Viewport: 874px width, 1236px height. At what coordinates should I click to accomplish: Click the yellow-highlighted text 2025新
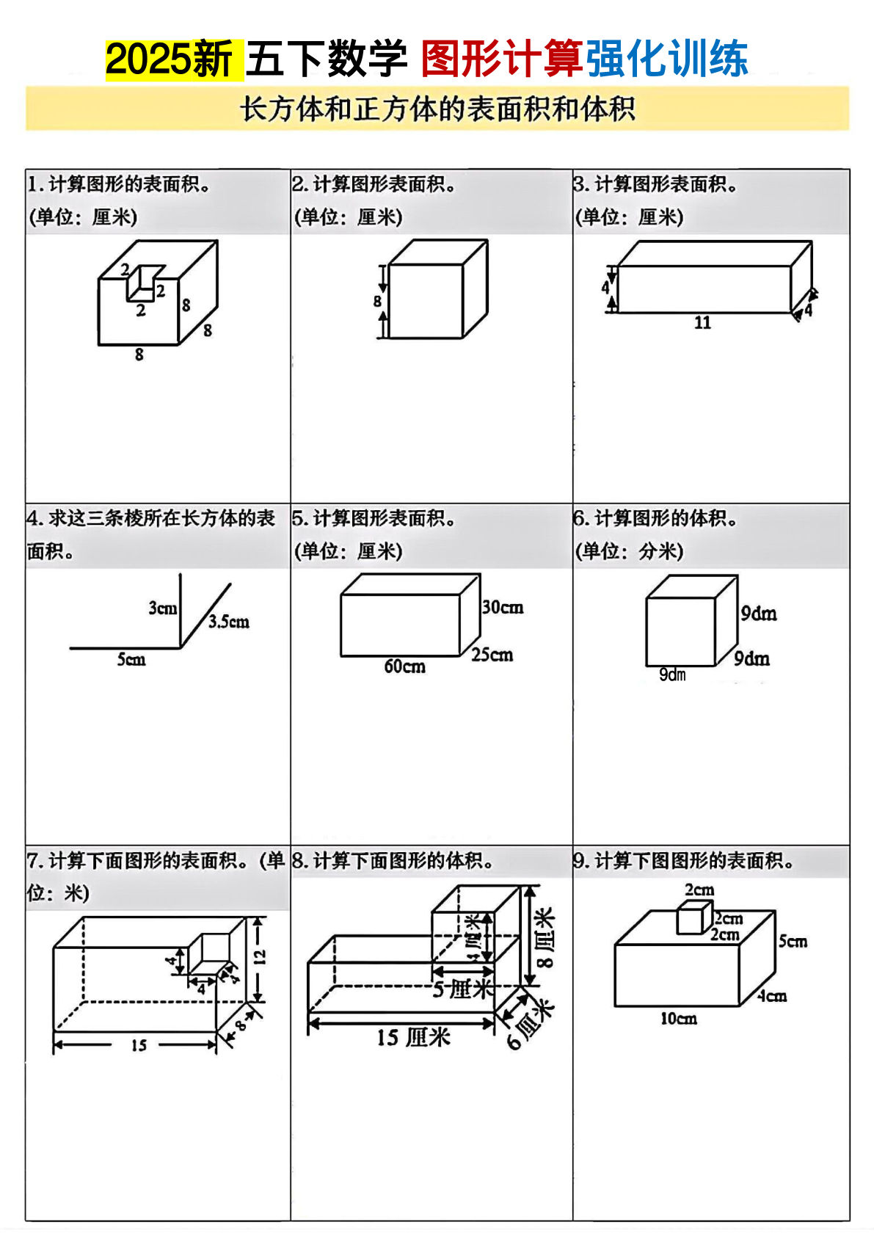170,59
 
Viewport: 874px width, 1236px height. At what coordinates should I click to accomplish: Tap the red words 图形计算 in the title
502,59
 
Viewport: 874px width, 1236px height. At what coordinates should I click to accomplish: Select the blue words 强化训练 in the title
666,59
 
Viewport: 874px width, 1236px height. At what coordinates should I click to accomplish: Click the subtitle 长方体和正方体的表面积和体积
437,109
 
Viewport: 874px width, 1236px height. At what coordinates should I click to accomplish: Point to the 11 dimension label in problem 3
702,323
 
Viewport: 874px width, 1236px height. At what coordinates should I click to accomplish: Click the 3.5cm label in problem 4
228,622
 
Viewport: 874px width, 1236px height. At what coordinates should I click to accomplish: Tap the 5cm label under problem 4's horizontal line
131,660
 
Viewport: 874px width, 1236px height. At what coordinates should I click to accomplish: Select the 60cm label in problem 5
404,666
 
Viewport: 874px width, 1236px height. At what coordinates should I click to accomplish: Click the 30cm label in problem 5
503,608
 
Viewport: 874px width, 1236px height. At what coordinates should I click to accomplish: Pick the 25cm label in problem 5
492,655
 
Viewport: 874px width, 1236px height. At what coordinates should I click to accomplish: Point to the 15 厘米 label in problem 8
413,1038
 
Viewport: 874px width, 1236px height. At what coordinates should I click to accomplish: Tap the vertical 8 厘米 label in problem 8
545,937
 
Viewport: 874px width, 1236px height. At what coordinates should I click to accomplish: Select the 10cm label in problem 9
678,1019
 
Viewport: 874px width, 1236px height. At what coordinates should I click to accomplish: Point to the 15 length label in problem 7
139,1045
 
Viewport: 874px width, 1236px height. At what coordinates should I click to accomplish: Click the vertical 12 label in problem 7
260,956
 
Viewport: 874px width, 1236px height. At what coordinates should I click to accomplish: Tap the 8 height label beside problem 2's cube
377,301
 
